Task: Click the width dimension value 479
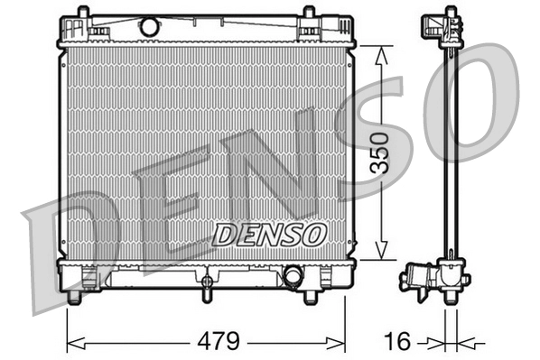(219, 341)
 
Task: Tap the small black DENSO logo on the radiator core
(268, 234)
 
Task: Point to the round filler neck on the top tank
(149, 27)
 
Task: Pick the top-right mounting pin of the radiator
(309, 12)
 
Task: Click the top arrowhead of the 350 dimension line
(382, 51)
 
